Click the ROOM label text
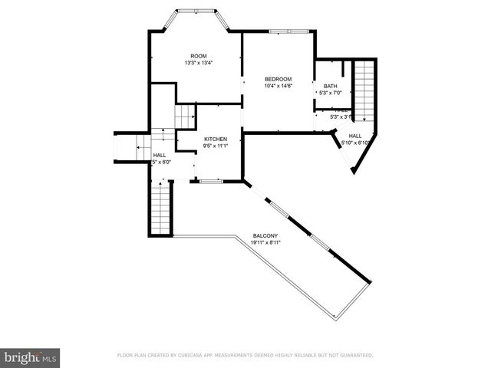click(x=199, y=56)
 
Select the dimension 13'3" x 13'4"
click(x=199, y=63)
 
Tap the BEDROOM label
click(x=278, y=79)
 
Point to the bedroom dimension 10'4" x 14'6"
click(x=278, y=86)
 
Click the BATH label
click(x=330, y=86)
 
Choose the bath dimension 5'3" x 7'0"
click(x=330, y=94)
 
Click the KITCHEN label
click(x=215, y=139)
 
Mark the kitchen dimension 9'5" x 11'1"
click(x=215, y=146)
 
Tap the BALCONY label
click(x=265, y=235)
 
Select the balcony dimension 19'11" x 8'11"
click(x=265, y=242)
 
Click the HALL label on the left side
click(x=159, y=155)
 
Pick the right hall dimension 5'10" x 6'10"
click(x=360, y=143)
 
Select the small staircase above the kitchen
click(x=183, y=118)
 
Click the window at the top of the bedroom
click(x=288, y=31)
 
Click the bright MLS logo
click(x=31, y=357)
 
